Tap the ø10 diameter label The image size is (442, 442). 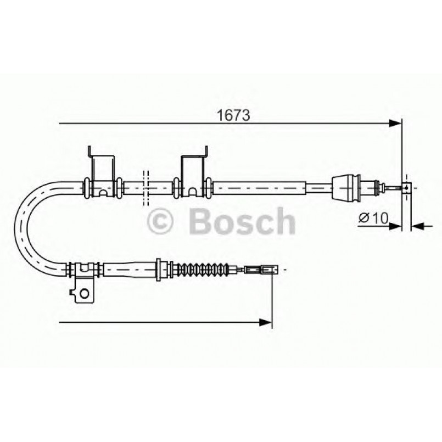[374, 218]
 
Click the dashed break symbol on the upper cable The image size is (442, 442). [146, 188]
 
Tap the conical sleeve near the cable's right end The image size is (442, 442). [346, 187]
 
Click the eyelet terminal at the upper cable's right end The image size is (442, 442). [406, 187]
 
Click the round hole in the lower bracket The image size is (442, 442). [83, 293]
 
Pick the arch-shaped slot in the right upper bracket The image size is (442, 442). [193, 192]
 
